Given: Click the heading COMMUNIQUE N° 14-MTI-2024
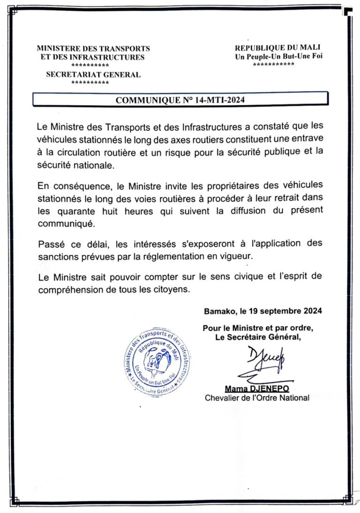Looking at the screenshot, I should (180, 100).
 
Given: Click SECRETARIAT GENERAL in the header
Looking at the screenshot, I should (93, 74).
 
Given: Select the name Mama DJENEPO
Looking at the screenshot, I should (256, 389).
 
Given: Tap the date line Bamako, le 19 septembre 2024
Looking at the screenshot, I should (263, 311).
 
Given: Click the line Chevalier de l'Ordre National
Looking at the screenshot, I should (257, 398).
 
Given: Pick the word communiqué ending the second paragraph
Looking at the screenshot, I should (66, 223).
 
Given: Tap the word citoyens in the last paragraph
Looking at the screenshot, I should (173, 289).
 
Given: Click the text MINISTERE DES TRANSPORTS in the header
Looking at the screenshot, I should (93, 48).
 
